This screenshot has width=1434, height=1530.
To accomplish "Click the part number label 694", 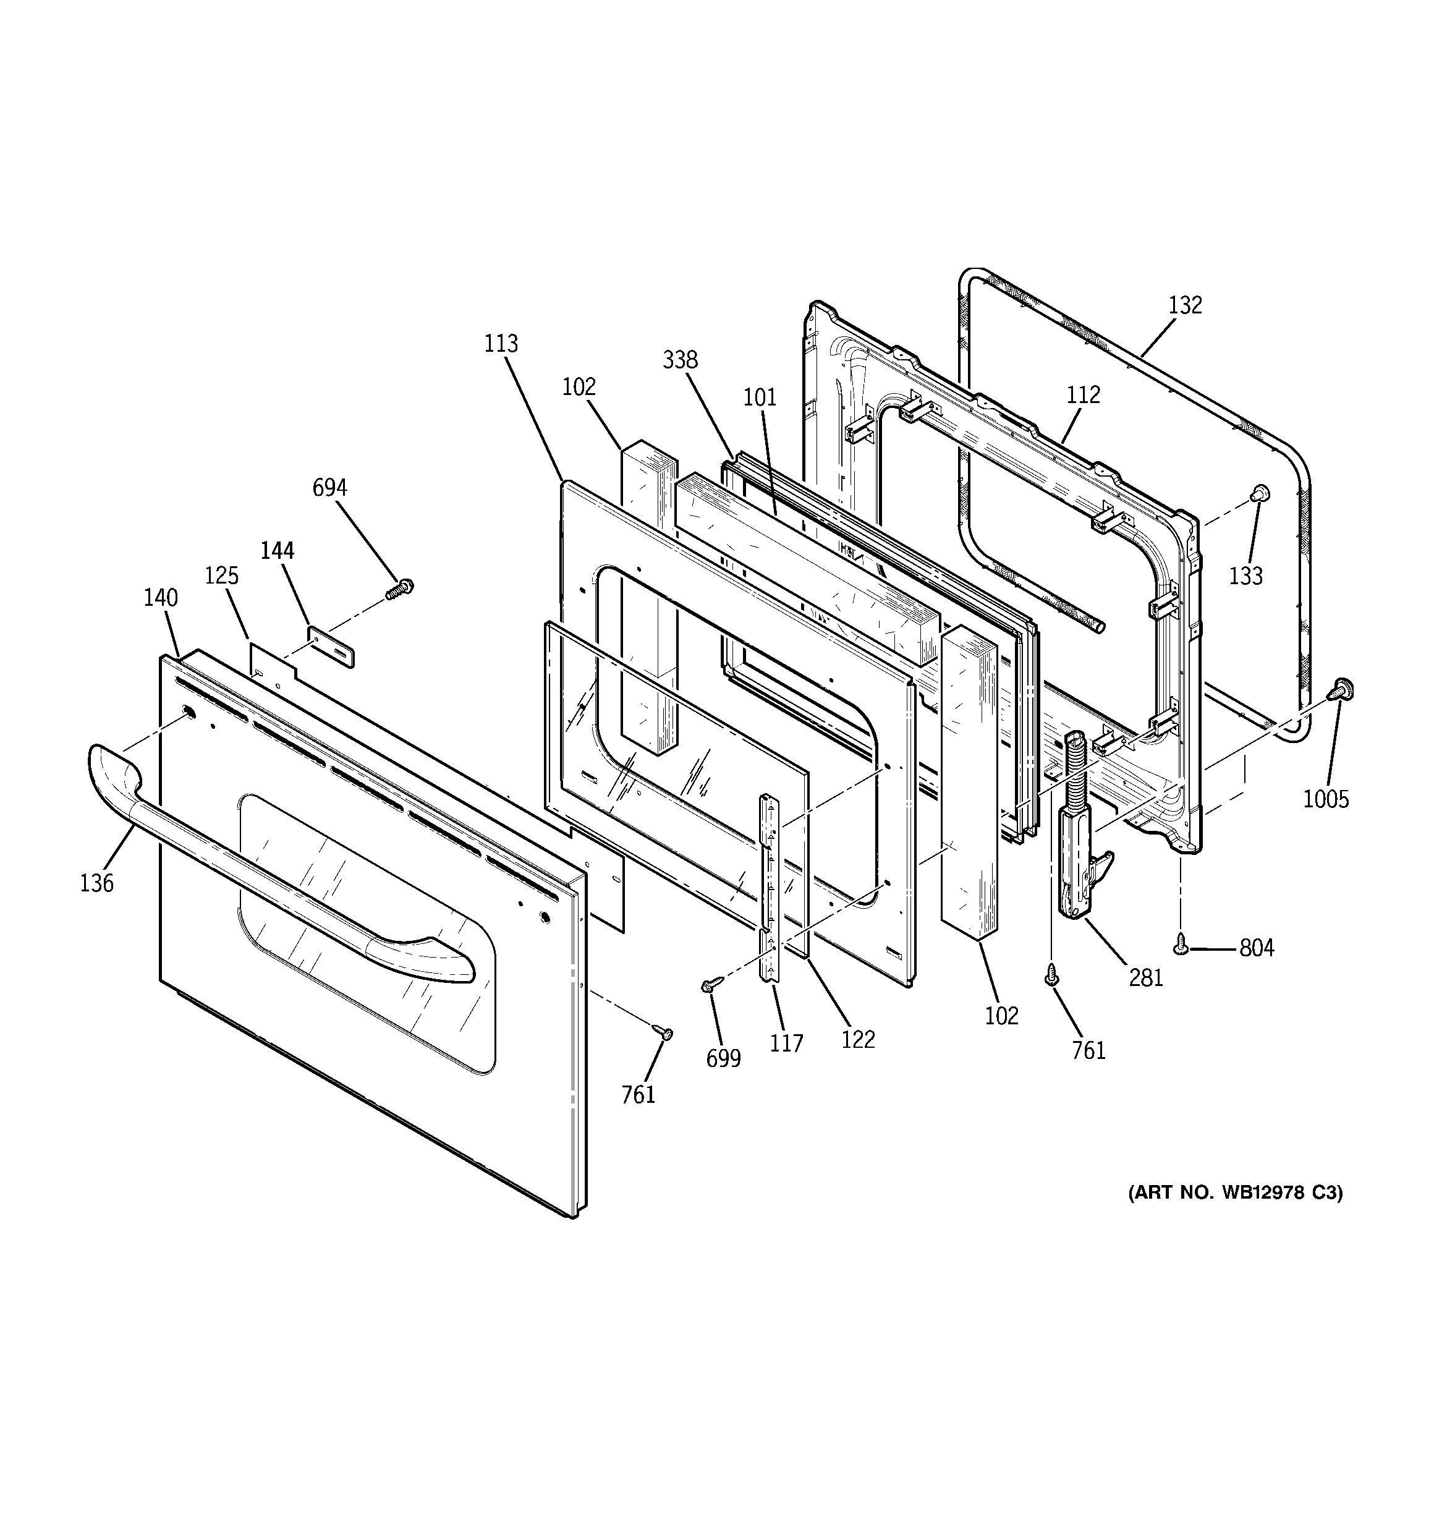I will coord(329,488).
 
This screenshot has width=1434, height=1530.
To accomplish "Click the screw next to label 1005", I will coord(1342,689).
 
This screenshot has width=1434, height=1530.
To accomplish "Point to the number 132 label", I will coord(1185,305).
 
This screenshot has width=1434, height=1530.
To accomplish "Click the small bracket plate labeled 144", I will coord(332,647).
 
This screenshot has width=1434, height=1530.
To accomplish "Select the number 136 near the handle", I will coord(96,883).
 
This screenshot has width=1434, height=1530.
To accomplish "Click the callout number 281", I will coord(1145,977).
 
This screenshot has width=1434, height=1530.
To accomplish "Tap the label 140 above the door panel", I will coord(161,598).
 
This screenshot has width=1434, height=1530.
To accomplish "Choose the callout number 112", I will coord(1083,395).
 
